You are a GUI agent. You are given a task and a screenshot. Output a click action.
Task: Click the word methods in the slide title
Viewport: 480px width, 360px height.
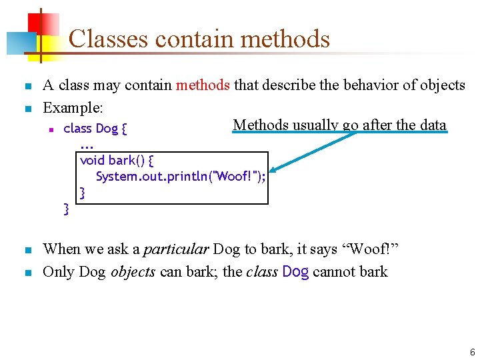pyautogui.click(x=285, y=39)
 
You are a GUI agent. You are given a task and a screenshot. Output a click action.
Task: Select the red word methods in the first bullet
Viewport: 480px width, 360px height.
pyautogui.click(x=203, y=85)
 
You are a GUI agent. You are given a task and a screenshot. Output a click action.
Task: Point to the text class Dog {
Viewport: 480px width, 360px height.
pyautogui.click(x=95, y=129)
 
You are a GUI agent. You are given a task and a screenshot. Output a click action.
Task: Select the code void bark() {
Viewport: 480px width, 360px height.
pyautogui.click(x=117, y=161)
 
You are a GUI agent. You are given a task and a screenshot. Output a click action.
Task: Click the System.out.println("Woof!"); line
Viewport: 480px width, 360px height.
pyautogui.click(x=180, y=177)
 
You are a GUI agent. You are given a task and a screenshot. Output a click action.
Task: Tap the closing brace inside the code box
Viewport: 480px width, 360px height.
pyautogui.click(x=83, y=193)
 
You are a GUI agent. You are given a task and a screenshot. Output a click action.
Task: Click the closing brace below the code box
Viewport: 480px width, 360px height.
pyautogui.click(x=66, y=209)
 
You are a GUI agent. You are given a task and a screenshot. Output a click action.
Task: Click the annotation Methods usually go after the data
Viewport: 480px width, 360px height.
pyautogui.click(x=339, y=125)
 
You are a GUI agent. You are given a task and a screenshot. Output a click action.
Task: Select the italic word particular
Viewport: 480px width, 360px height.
pyautogui.click(x=174, y=249)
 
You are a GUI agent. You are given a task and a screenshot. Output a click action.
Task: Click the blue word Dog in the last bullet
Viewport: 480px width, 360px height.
pyautogui.click(x=296, y=272)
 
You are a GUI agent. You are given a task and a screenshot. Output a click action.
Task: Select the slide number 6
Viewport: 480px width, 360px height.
pyautogui.click(x=471, y=352)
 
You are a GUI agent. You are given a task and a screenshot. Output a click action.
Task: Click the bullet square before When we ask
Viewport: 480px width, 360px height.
pyautogui.click(x=27, y=251)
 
